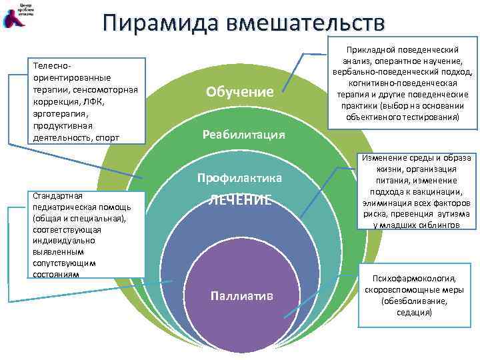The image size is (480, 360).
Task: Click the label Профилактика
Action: [x=239, y=178]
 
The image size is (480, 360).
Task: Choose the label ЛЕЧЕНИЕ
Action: [x=239, y=199]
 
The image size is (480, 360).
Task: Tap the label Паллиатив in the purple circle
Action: [x=241, y=295]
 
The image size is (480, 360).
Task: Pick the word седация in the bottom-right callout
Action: [x=415, y=311]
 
